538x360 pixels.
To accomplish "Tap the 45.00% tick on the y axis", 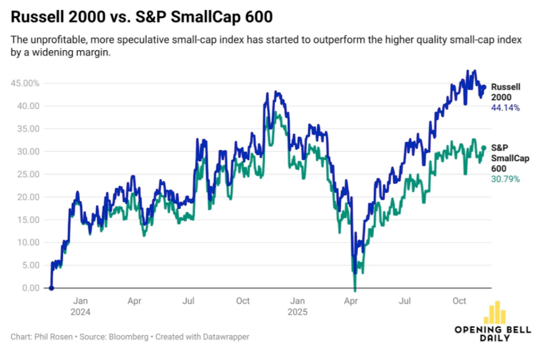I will (25, 83).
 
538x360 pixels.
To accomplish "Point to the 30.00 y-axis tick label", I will (27, 151).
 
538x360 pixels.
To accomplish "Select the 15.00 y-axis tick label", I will (27, 219).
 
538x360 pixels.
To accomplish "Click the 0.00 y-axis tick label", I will (30, 288).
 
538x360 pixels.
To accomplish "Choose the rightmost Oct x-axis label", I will (459, 302).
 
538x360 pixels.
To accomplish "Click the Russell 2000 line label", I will (505, 92).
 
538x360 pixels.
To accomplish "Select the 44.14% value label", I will (505, 108).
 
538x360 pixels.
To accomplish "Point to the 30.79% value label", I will (505, 179).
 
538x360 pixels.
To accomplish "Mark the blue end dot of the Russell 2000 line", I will (484, 87).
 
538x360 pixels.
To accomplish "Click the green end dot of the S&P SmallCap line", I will (484, 148).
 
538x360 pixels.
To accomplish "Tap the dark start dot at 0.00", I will (51, 288).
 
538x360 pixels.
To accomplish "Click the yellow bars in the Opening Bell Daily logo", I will (495, 312).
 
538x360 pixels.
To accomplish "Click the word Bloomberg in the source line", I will (128, 337).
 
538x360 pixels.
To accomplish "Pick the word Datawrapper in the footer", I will (227, 337).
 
